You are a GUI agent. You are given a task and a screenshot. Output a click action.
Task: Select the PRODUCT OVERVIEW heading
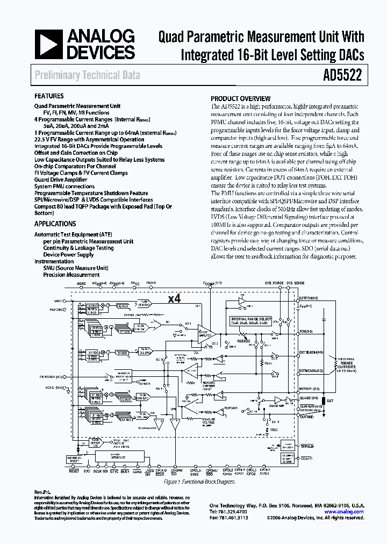point(240,98)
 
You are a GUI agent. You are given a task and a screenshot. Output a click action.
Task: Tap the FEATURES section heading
point(49,96)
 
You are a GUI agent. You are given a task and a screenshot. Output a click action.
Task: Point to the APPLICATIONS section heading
point(55,224)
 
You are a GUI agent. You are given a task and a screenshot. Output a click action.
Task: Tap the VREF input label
point(58,302)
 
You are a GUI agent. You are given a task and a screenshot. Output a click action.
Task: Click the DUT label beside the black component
point(329,401)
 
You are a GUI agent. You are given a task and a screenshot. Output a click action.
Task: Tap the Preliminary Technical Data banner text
point(87,75)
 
